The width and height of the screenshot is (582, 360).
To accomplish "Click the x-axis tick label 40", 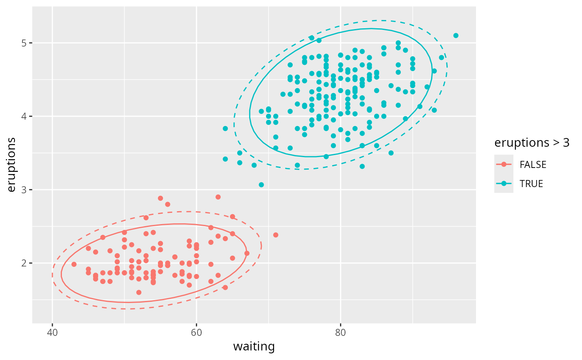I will tap(52, 333).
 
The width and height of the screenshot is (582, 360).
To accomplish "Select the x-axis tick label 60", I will tap(196, 333).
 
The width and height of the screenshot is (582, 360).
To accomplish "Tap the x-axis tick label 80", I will tap(340, 333).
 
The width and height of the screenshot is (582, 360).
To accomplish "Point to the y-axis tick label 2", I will tap(25, 263).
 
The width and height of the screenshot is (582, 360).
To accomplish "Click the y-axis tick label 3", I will tap(25, 190).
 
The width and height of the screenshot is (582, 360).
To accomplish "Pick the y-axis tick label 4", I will tap(25, 116).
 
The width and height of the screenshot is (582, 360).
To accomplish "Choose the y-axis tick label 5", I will tap(25, 43).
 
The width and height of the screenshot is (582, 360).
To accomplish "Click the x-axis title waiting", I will tap(254, 346).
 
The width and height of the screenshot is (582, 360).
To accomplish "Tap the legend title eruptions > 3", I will tap(532, 143).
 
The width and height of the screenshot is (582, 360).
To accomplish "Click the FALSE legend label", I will tap(533, 164).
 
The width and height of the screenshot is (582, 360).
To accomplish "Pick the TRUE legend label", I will tap(531, 184).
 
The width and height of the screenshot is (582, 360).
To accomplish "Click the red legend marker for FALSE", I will tap(504, 164).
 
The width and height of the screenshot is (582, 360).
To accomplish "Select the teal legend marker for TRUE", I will tap(504, 184).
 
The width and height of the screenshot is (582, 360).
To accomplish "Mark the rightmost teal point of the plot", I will tap(456, 35).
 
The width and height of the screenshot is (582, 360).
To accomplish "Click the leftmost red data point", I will tap(74, 264).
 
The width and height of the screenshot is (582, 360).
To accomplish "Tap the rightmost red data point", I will tap(276, 235).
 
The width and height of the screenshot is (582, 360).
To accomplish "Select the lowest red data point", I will tap(139, 292).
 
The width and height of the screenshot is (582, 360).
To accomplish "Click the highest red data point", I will tap(218, 197).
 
